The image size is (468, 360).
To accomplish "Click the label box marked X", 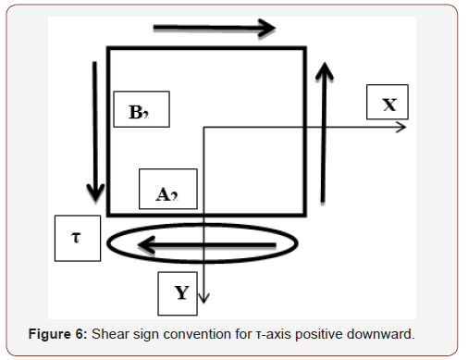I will [388, 104].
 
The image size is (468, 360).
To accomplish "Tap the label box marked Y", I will [180, 292].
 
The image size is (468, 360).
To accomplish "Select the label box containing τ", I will [76, 237].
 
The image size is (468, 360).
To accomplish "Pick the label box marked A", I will [166, 192].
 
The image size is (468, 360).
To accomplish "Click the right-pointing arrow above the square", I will [214, 28].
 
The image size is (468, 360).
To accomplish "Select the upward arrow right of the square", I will [324, 130].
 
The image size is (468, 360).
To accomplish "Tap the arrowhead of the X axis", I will [400, 126].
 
